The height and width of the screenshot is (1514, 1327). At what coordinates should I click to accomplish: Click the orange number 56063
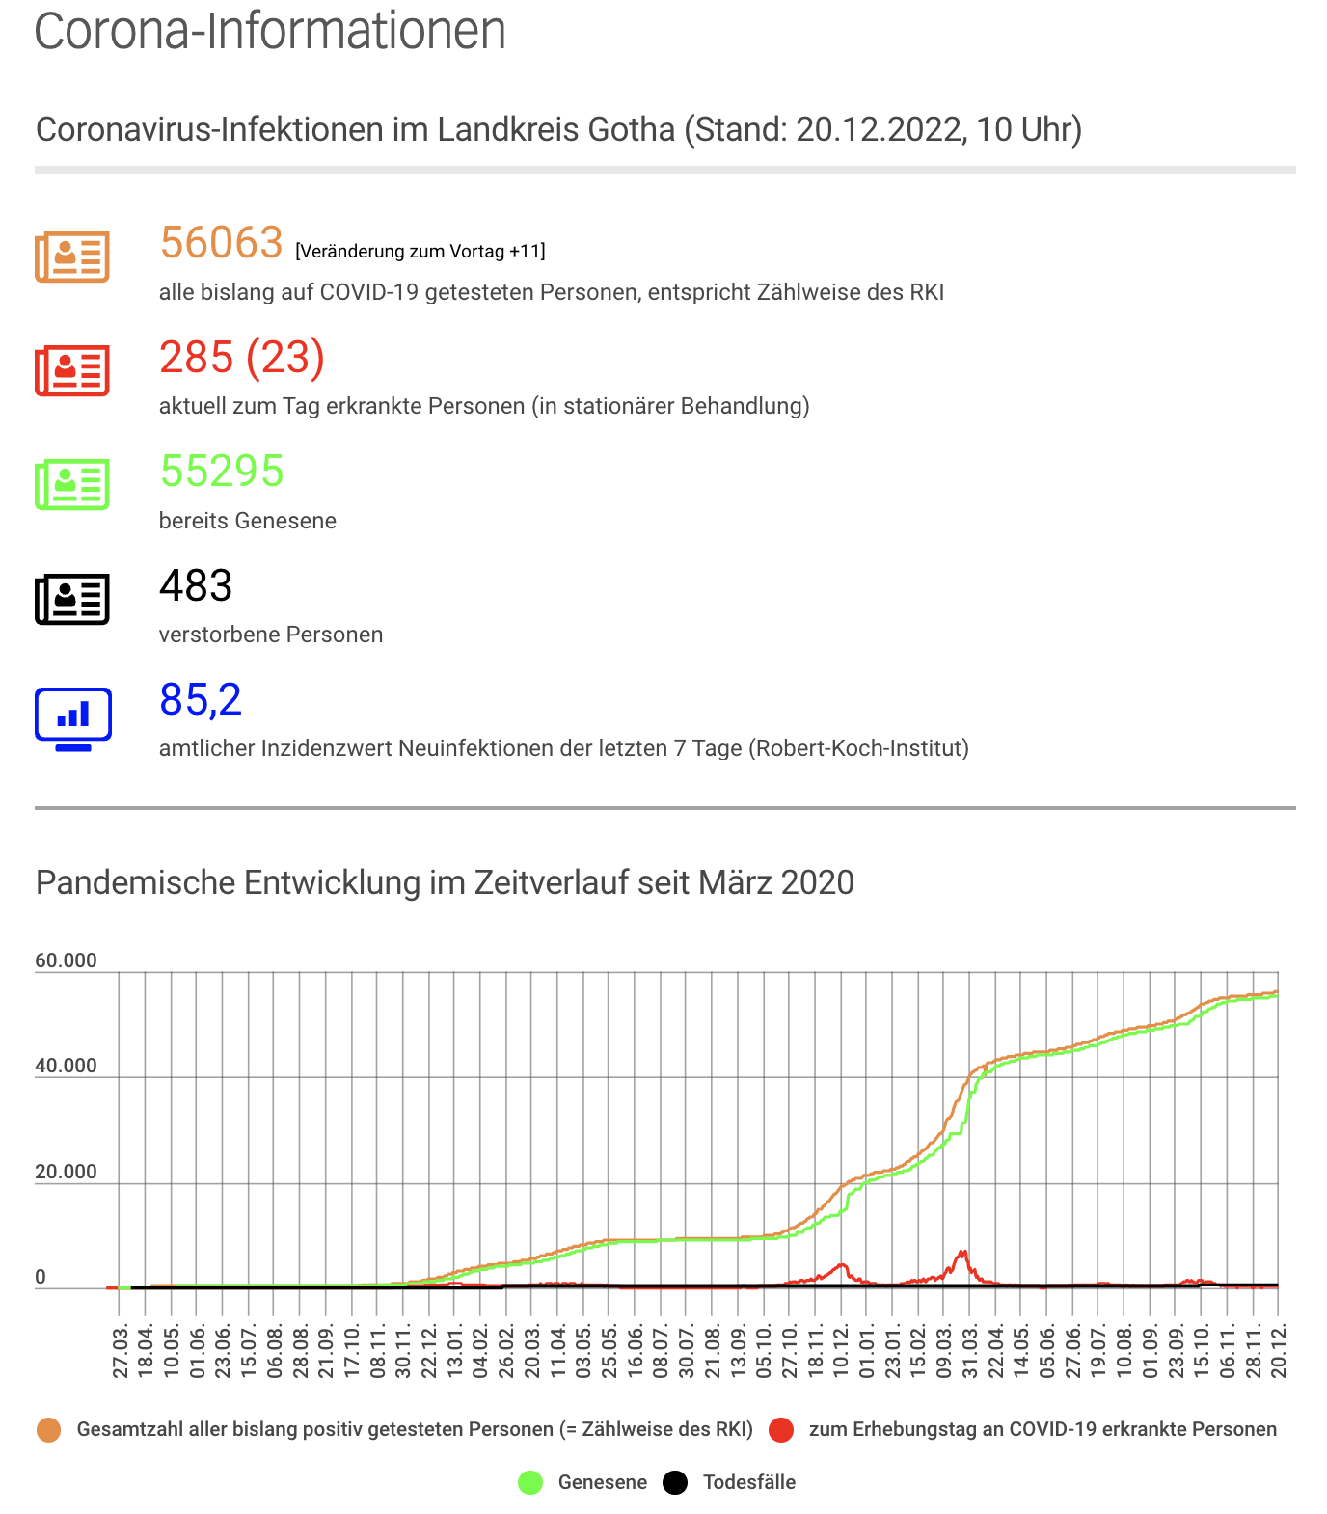(221, 243)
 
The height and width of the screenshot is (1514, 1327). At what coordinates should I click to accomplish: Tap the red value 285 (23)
(242, 358)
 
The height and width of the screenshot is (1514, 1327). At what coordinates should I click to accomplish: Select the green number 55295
(222, 472)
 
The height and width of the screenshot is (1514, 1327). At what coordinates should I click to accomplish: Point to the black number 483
(196, 585)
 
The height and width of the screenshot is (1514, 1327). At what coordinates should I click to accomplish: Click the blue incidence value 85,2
(201, 700)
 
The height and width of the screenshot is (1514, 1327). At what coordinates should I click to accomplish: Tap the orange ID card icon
(72, 257)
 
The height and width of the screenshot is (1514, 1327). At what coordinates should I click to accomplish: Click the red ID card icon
(72, 370)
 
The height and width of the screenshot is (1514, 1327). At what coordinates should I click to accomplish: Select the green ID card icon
(72, 484)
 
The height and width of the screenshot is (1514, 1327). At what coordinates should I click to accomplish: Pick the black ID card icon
(72, 599)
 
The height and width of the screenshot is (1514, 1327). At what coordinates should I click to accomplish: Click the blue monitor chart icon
(73, 719)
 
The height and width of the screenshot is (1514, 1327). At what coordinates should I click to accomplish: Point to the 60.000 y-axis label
(67, 960)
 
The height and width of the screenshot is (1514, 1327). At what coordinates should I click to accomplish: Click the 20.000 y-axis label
(67, 1172)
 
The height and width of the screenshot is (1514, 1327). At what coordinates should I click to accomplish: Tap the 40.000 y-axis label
(67, 1066)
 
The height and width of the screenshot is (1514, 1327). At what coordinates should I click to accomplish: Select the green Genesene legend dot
(530, 1482)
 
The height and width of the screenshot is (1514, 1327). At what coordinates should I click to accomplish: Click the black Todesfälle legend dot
(675, 1482)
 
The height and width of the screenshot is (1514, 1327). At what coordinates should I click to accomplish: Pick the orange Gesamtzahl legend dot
(48, 1430)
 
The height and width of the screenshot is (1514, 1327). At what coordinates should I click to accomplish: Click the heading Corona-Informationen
(270, 30)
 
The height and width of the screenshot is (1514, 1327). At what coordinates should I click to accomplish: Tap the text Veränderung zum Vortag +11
(420, 252)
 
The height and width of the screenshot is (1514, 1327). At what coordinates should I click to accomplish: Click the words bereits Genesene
(248, 521)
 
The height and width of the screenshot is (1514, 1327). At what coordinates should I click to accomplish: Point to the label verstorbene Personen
(271, 635)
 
